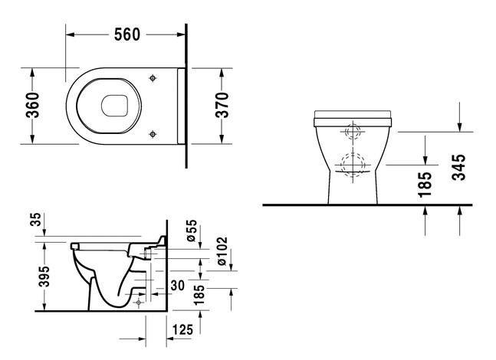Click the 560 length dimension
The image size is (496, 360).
click(x=126, y=34)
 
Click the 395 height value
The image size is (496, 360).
click(x=45, y=276)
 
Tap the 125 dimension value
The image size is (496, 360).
click(x=182, y=329)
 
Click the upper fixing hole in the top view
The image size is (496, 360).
click(x=154, y=78)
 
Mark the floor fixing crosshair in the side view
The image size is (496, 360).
click(x=139, y=302)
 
